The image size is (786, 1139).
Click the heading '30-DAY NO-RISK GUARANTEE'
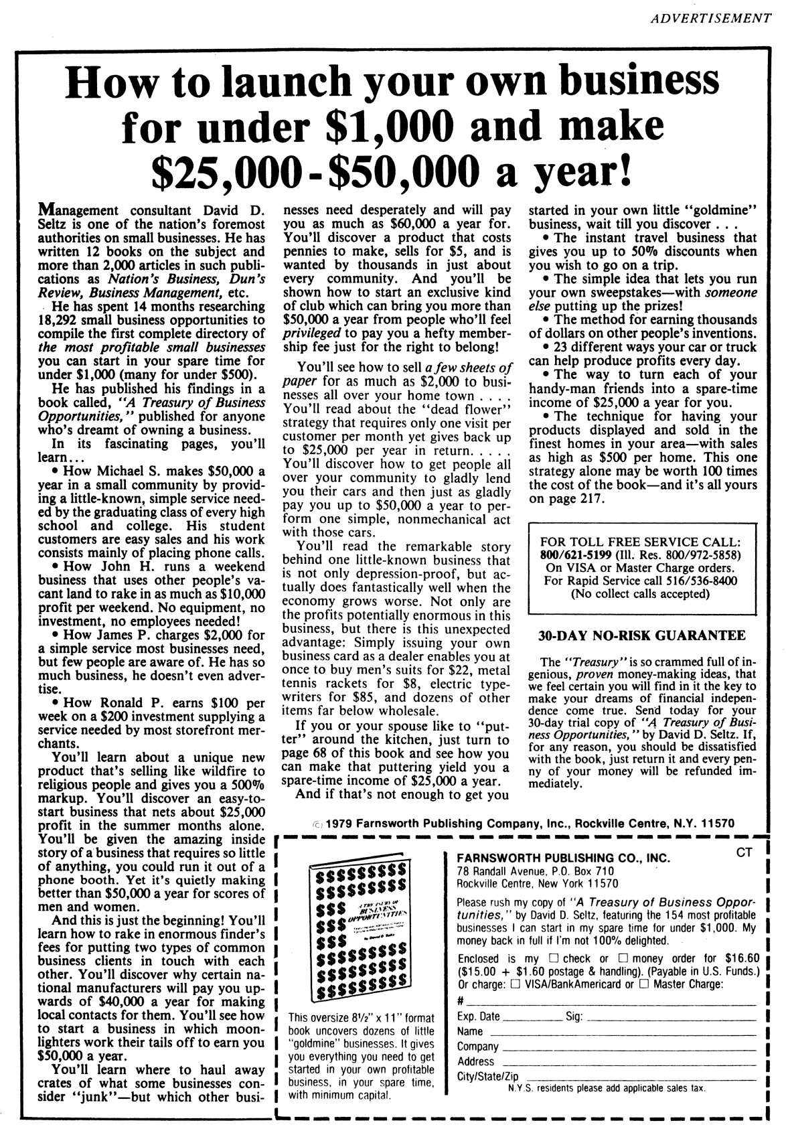[641, 635]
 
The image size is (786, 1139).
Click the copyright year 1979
[339, 823]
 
